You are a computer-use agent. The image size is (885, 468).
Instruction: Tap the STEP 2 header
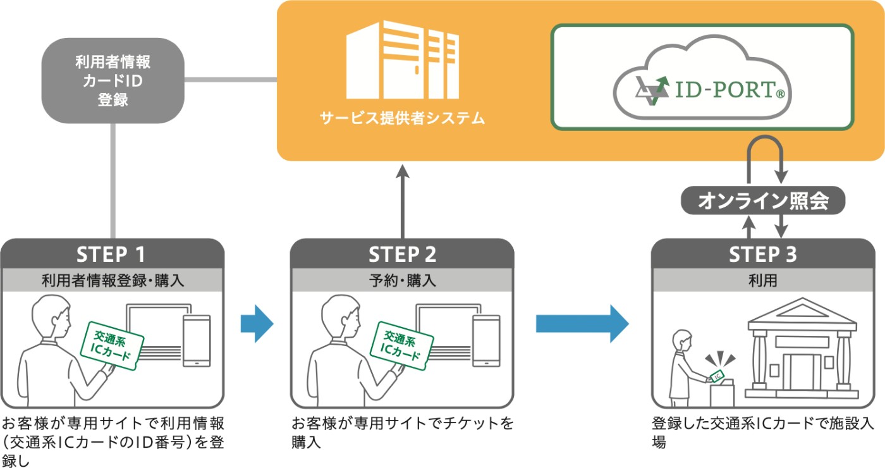(x=402, y=254)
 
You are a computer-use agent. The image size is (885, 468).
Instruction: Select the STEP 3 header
(x=763, y=254)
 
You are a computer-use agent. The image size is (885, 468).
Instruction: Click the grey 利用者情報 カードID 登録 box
(x=113, y=81)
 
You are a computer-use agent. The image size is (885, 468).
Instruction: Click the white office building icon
(x=403, y=59)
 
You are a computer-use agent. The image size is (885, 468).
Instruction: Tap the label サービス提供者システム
(x=402, y=118)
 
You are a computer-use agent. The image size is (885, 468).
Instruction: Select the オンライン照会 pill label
(x=763, y=200)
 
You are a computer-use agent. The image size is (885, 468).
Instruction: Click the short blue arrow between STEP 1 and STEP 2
(x=257, y=324)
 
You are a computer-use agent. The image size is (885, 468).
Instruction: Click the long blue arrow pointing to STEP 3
(x=582, y=324)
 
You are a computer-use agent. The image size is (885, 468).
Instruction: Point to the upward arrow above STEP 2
(x=403, y=202)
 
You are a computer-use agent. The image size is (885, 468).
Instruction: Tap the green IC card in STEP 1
(x=112, y=346)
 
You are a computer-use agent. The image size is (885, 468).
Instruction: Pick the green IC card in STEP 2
(x=402, y=346)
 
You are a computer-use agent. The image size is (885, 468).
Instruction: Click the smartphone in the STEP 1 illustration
(x=197, y=341)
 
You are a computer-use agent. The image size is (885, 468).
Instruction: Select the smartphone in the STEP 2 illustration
(x=486, y=341)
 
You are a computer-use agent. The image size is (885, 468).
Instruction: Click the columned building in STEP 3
(x=802, y=348)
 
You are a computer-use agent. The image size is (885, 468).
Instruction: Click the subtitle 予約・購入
(x=402, y=280)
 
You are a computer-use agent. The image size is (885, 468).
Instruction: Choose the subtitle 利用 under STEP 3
(x=763, y=280)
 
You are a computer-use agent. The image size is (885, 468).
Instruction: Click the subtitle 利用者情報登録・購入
(x=113, y=280)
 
